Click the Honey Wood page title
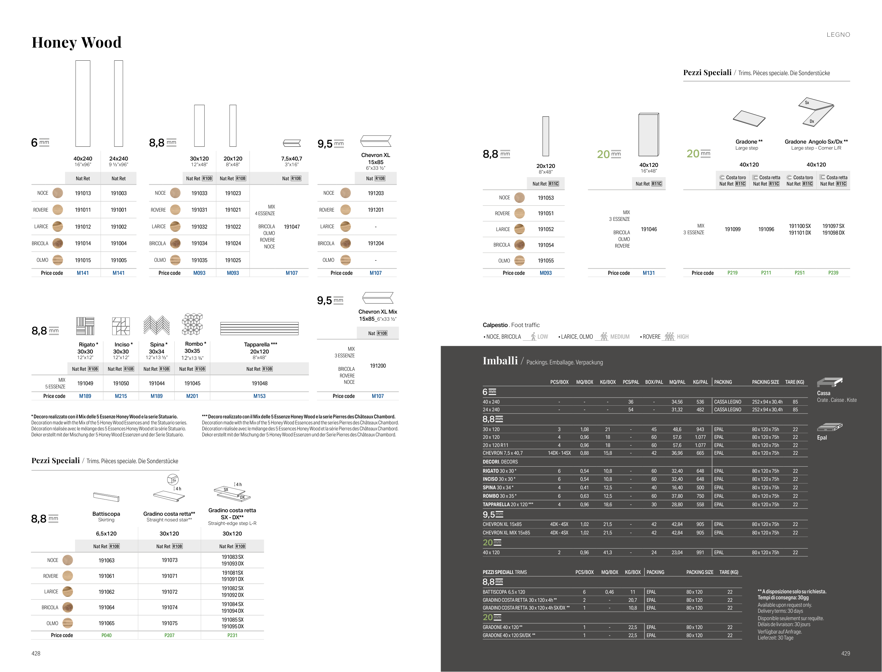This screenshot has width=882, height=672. tap(77, 42)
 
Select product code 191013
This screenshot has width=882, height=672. tap(83, 193)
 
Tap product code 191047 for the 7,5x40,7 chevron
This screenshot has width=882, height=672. tap(292, 227)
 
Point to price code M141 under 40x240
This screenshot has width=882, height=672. tap(83, 273)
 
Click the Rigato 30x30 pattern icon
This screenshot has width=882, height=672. tap(85, 326)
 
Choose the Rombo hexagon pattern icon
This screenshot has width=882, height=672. tap(192, 324)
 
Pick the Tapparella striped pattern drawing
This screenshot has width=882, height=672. tap(259, 328)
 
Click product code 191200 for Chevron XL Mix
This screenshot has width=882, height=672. tap(377, 365)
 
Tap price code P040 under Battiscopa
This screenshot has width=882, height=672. tap(107, 635)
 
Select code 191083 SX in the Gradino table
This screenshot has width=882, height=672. tap(232, 557)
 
